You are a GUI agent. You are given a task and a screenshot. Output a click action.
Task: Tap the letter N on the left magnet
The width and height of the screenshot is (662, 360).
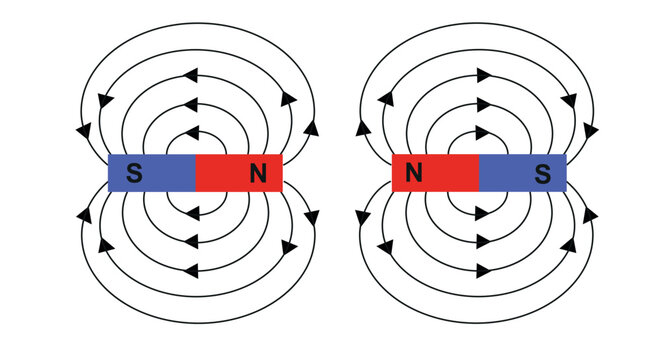tap(259, 173)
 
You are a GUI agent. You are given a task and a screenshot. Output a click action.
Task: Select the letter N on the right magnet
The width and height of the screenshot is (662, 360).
tap(412, 173)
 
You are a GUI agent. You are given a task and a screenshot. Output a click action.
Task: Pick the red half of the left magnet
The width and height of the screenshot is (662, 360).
tap(230, 173)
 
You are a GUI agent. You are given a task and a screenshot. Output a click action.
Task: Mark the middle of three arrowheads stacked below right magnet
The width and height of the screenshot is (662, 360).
tap(483, 240)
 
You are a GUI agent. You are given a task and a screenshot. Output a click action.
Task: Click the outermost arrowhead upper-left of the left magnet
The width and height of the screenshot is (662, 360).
tap(82, 130)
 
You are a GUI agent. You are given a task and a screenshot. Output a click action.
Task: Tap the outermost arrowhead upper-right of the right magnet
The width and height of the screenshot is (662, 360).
tap(592, 130)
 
